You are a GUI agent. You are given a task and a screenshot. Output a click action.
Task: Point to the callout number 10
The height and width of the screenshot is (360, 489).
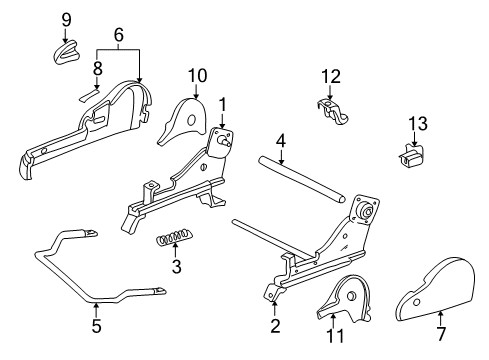[x=196, y=75]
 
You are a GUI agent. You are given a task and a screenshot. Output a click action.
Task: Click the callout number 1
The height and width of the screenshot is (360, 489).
[x=223, y=103]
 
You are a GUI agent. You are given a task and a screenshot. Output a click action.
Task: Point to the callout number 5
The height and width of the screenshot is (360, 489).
[x=96, y=325]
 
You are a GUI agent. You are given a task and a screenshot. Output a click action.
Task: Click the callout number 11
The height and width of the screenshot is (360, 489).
[x=335, y=336]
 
